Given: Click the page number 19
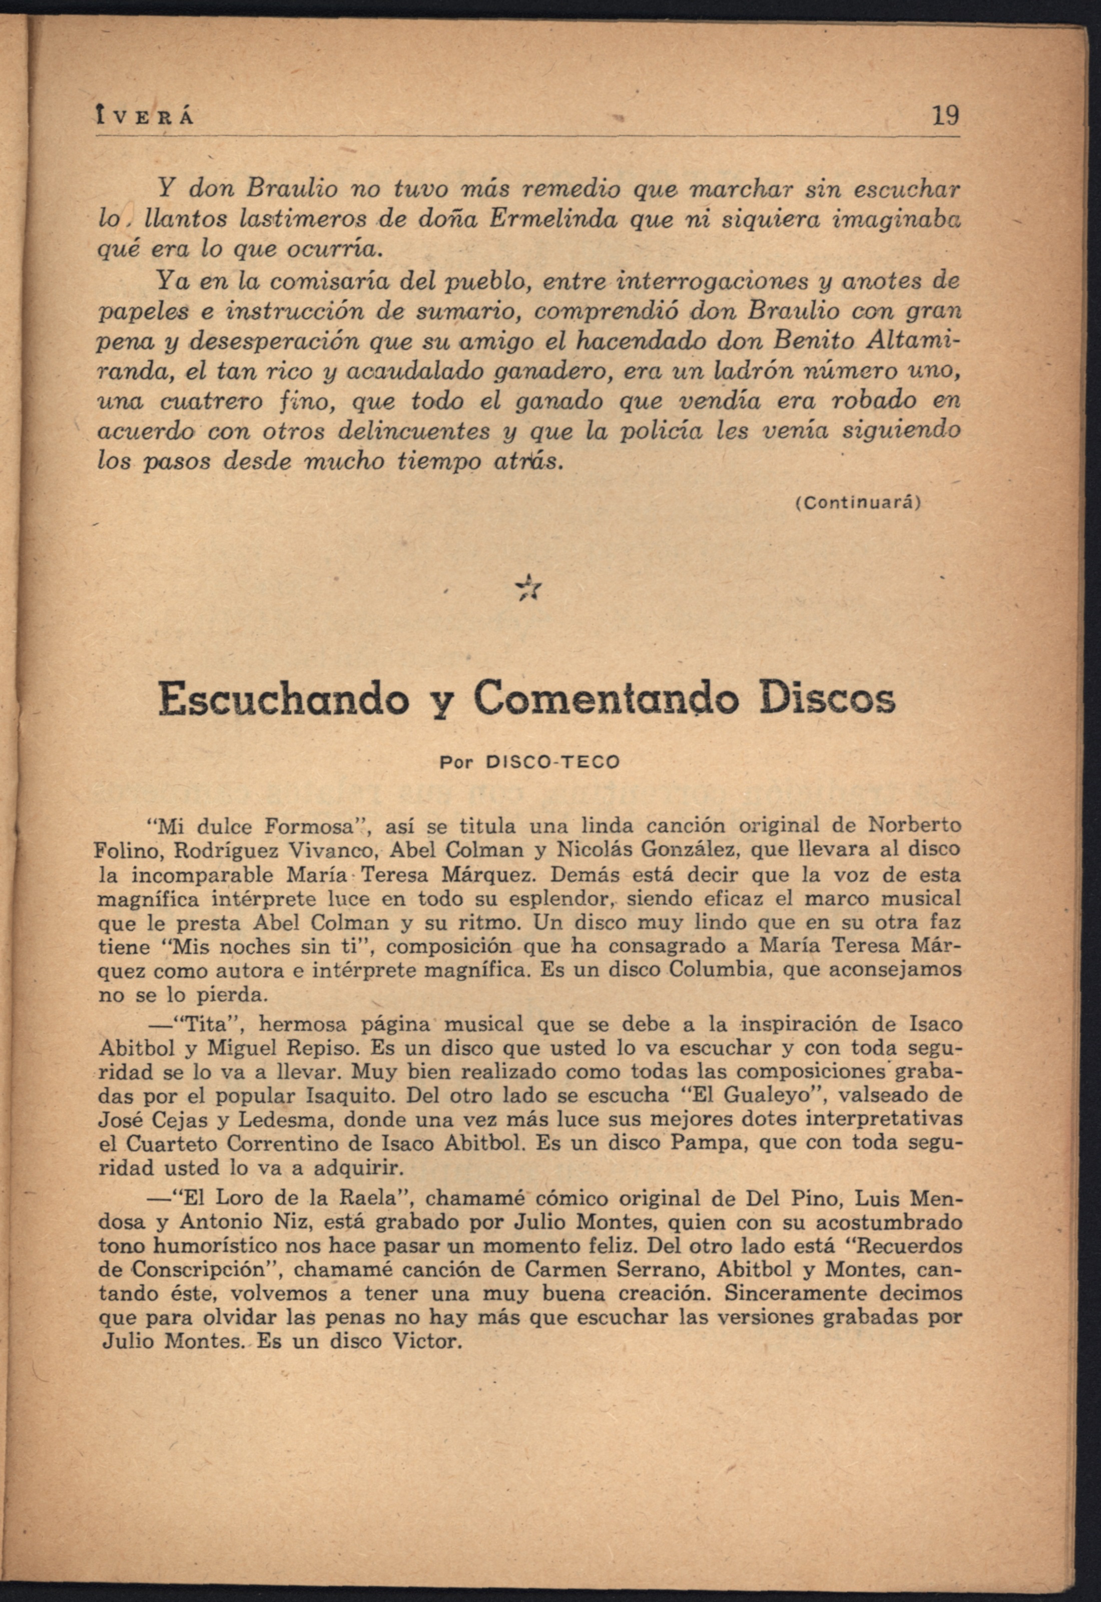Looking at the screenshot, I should [944, 115].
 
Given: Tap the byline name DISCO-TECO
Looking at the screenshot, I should [553, 762].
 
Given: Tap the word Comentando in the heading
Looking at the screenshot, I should [607, 699].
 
